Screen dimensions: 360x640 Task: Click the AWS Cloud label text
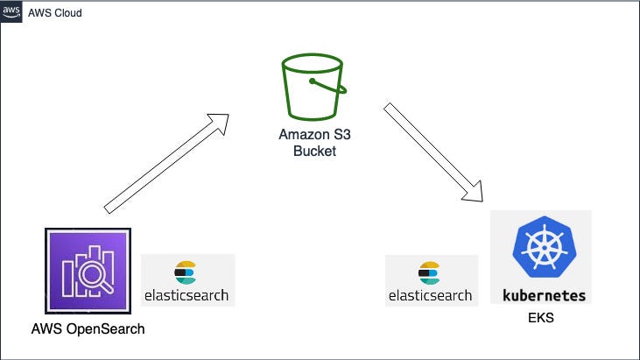tap(55, 13)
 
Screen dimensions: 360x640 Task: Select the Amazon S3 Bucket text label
tap(308, 143)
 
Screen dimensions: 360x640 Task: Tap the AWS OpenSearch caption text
tap(87, 329)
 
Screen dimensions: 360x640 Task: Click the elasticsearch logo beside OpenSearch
tap(187, 280)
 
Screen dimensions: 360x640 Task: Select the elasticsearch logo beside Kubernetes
tap(432, 280)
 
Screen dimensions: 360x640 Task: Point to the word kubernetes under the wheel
tap(544, 294)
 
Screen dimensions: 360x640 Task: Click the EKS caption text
tap(541, 318)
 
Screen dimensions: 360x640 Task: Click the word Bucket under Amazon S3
tap(308, 151)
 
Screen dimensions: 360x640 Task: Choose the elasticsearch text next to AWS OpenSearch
tap(187, 295)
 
